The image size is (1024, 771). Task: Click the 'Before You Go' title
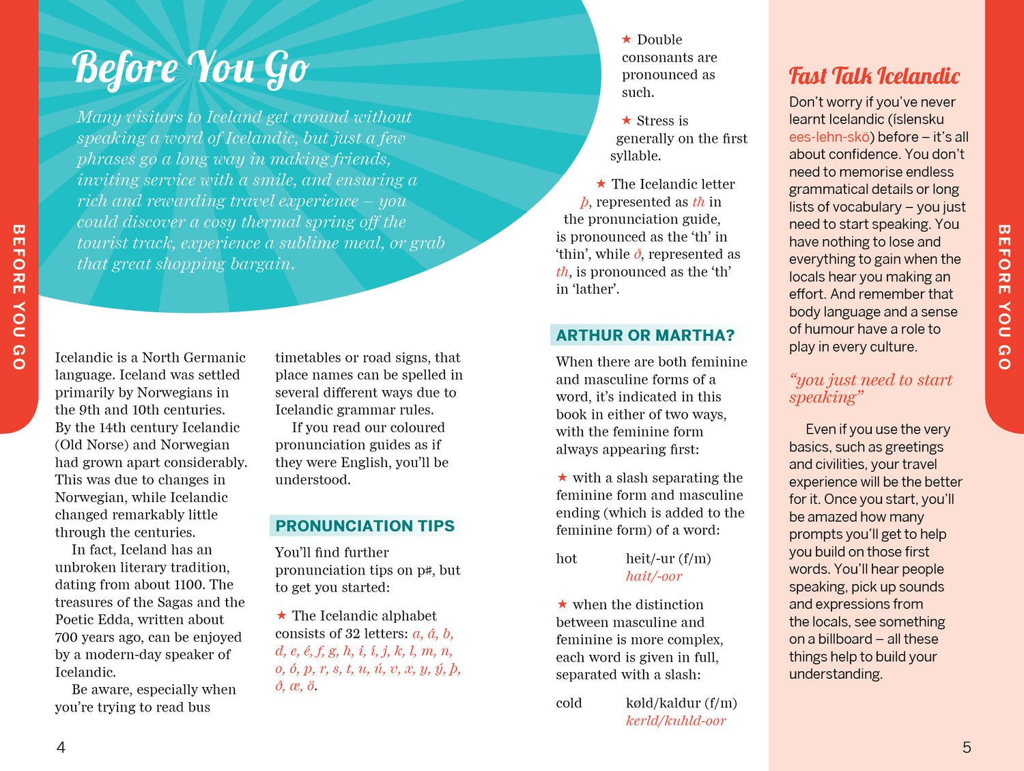click(190, 68)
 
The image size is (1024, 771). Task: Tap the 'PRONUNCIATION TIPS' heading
click(365, 526)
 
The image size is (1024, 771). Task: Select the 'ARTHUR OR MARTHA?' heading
click(645, 335)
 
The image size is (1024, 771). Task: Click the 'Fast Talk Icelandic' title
click(874, 76)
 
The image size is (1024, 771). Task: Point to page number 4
click(61, 748)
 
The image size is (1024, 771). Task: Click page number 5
click(966, 748)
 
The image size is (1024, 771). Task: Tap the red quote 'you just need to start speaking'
click(870, 389)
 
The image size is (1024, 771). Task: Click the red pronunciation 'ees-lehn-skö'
click(829, 137)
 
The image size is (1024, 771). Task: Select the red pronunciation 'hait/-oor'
click(653, 576)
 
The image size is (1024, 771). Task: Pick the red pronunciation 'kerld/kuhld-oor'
click(675, 720)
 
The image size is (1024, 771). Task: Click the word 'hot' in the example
click(566, 559)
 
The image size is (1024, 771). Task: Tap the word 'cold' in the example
click(569, 703)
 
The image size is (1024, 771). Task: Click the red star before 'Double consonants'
click(626, 40)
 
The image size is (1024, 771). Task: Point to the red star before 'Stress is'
click(626, 120)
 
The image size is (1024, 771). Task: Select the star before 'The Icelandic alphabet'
click(281, 615)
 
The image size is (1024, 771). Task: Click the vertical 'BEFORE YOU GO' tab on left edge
click(18, 297)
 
